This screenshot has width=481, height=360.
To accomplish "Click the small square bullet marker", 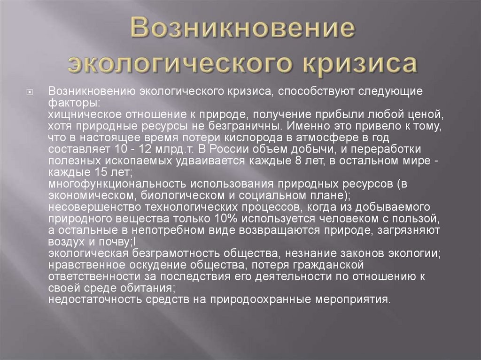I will pyautogui.click(x=42, y=92).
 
